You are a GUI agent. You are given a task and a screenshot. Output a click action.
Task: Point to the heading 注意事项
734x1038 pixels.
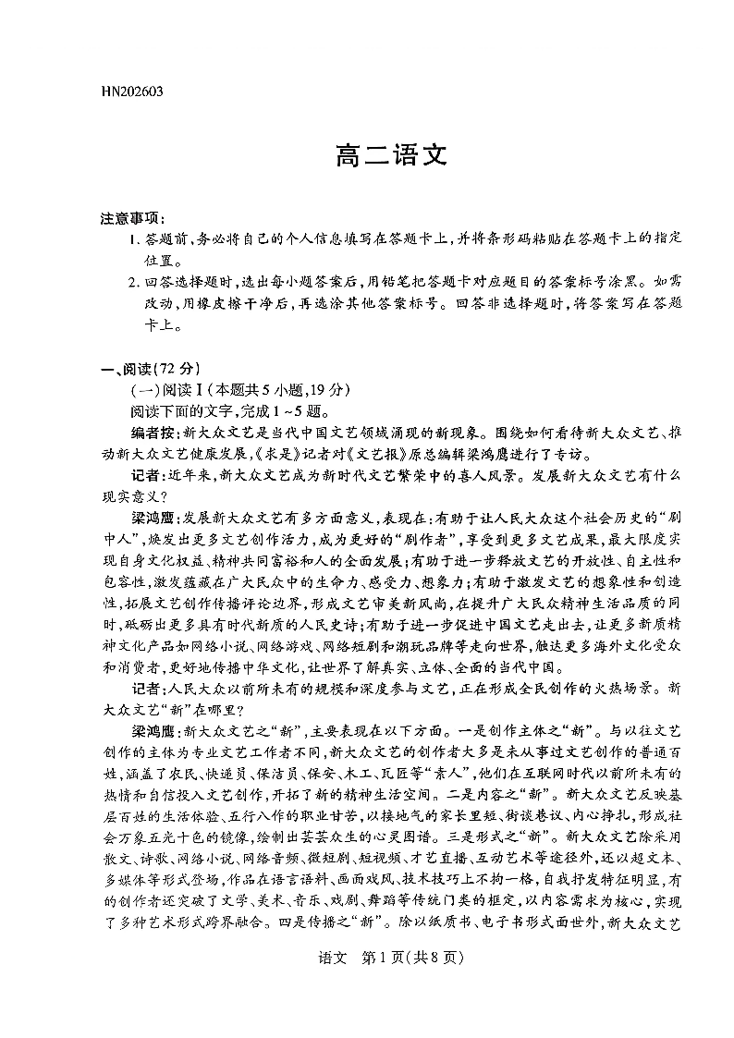[131, 218]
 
